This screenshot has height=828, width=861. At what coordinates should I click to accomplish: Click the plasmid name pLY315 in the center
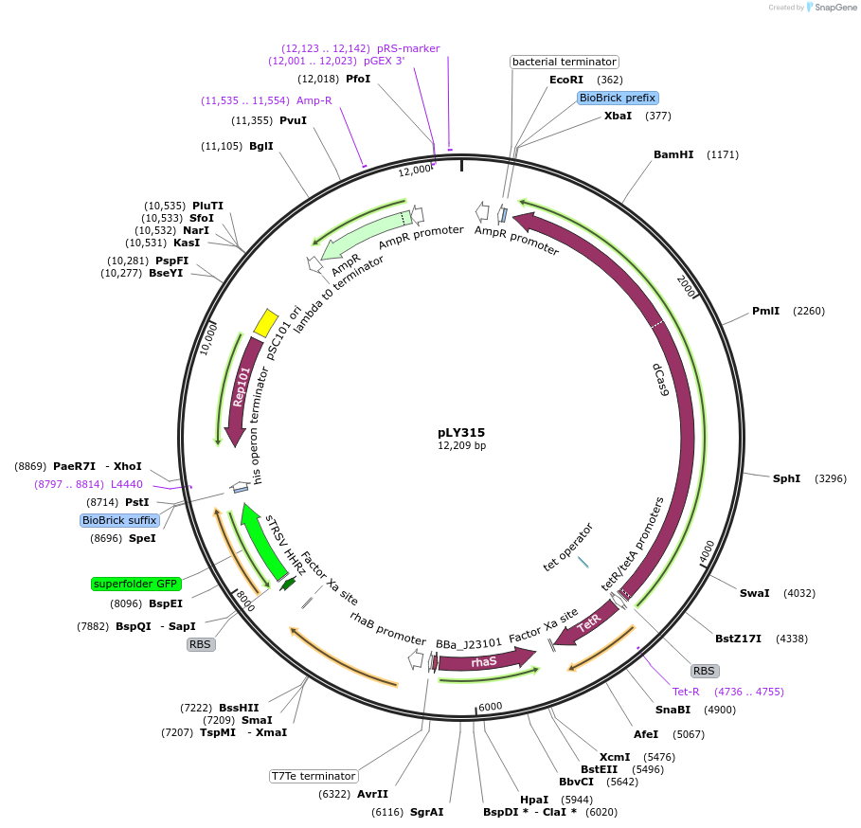[461, 432]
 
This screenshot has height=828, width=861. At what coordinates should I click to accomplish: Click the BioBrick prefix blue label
[618, 98]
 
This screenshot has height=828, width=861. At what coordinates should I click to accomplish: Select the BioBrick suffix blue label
[119, 520]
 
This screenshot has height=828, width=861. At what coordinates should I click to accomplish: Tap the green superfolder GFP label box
[135, 584]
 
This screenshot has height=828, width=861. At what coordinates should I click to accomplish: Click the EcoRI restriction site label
[566, 80]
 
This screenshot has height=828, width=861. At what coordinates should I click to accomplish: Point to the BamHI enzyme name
[673, 154]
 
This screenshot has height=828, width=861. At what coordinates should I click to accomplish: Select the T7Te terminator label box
[314, 776]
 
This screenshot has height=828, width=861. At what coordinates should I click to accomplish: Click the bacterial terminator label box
[564, 62]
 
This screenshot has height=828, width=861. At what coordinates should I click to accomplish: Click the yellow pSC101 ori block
[266, 322]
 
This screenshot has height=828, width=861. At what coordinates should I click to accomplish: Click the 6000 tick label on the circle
[490, 707]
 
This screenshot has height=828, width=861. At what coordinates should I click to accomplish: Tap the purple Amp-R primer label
[314, 100]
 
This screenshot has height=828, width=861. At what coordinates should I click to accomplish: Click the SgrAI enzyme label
[428, 812]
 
